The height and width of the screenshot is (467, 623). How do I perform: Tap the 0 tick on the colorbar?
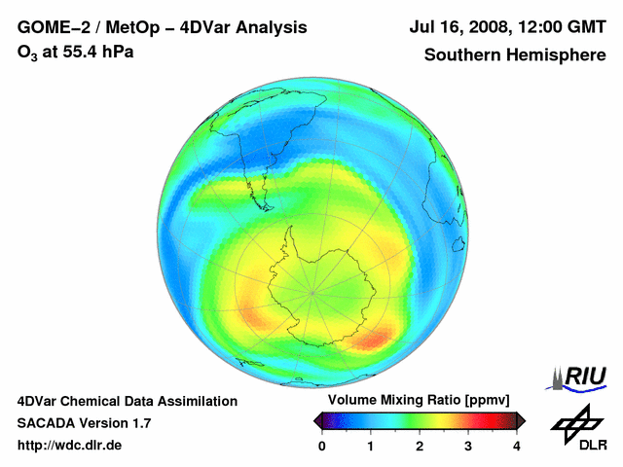pyautogui.click(x=322, y=446)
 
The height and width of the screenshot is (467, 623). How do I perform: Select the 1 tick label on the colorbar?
pyautogui.click(x=371, y=446)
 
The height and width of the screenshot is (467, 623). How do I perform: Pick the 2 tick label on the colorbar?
pyautogui.click(x=420, y=446)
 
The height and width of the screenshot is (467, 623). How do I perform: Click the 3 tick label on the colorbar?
pyautogui.click(x=468, y=446)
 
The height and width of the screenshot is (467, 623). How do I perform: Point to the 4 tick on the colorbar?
pyautogui.click(x=517, y=446)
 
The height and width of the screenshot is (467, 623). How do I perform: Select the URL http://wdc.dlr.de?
pyautogui.click(x=70, y=446)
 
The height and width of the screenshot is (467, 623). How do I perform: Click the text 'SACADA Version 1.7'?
pyautogui.click(x=84, y=423)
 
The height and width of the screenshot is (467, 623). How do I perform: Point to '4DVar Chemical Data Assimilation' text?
pyautogui.click(x=128, y=401)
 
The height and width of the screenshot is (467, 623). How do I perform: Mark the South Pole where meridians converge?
pyautogui.click(x=312, y=291)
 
